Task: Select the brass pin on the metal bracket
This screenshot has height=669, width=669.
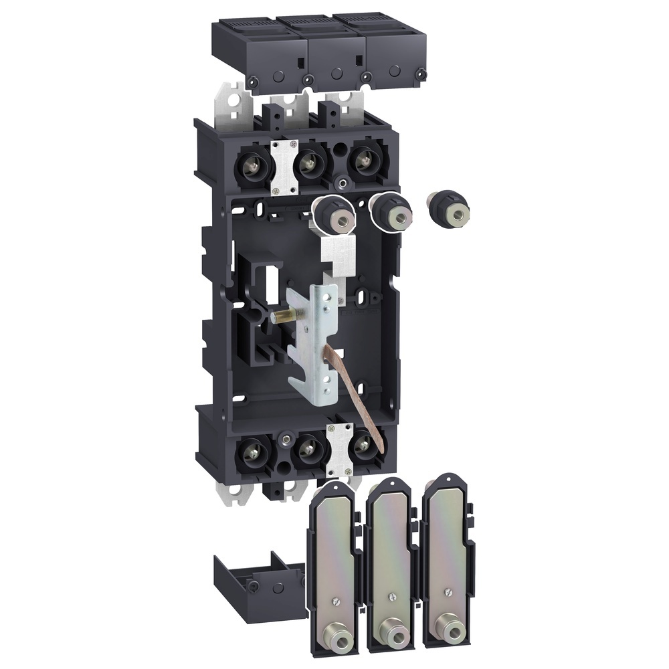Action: pyautogui.click(x=280, y=314)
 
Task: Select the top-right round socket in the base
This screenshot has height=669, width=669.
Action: pyautogui.click(x=361, y=163)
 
